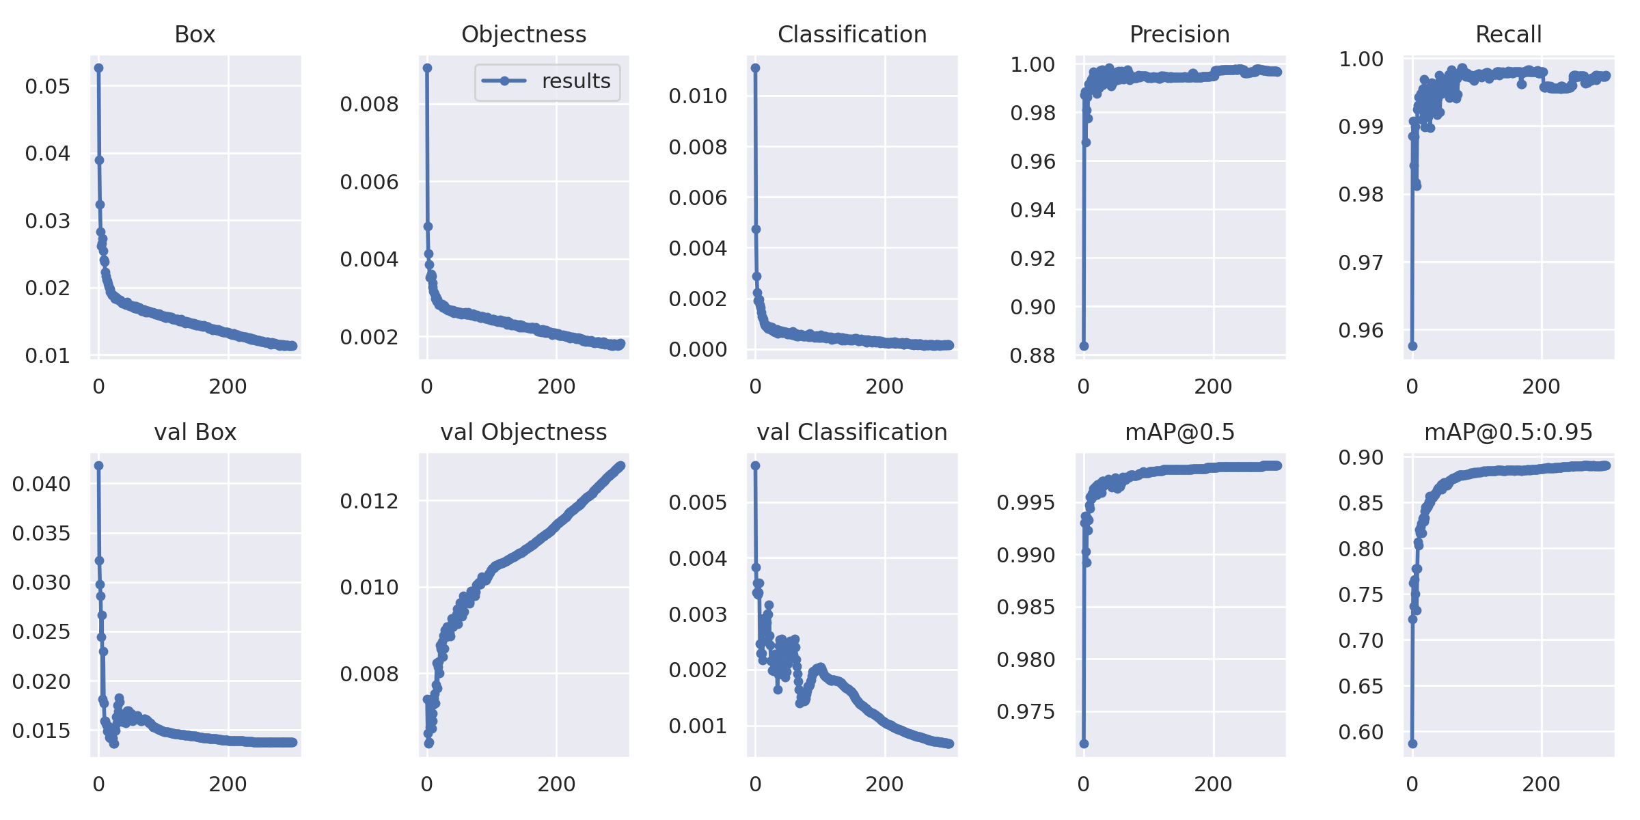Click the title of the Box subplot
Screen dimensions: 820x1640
click(x=195, y=34)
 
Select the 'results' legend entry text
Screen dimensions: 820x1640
click(x=575, y=81)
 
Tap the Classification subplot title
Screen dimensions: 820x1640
click(x=852, y=34)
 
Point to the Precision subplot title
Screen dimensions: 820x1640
click(x=1179, y=34)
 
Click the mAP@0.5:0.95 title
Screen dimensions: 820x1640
click(x=1508, y=432)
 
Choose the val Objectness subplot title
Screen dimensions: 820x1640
click(x=523, y=432)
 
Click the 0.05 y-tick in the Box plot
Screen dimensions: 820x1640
click(x=47, y=86)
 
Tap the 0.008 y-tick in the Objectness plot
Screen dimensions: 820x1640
click(x=369, y=104)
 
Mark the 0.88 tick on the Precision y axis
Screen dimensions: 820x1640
click(x=1033, y=355)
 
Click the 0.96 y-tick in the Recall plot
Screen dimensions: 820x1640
click(x=1361, y=331)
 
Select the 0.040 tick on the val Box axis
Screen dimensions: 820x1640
click(x=41, y=484)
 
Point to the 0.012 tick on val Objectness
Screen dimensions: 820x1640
click(x=369, y=501)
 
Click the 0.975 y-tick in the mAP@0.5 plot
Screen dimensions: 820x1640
click(x=1026, y=711)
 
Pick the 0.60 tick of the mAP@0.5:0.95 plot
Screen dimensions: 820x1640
click(x=1361, y=732)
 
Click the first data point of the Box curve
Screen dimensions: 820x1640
click(x=98, y=68)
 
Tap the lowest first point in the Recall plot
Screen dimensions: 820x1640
click(x=1412, y=346)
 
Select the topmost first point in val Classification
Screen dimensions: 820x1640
click(x=755, y=465)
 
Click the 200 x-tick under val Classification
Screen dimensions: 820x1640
click(x=884, y=784)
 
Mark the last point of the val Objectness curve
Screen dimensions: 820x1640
click(x=620, y=466)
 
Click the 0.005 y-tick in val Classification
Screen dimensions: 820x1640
click(x=697, y=502)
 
